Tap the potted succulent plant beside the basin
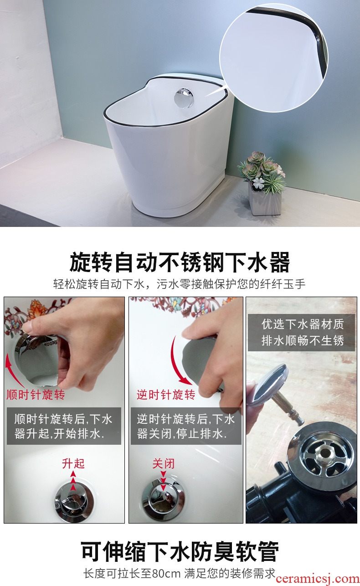[x=262, y=183]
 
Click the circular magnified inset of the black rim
[x=274, y=58]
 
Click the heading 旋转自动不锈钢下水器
[x=180, y=262]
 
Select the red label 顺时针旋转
[x=36, y=395]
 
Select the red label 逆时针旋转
[x=166, y=395]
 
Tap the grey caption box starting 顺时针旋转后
[x=64, y=426]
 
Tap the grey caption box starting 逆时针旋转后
[x=186, y=426]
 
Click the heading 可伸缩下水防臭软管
[x=180, y=551]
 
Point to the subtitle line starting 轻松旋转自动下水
[x=179, y=284]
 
